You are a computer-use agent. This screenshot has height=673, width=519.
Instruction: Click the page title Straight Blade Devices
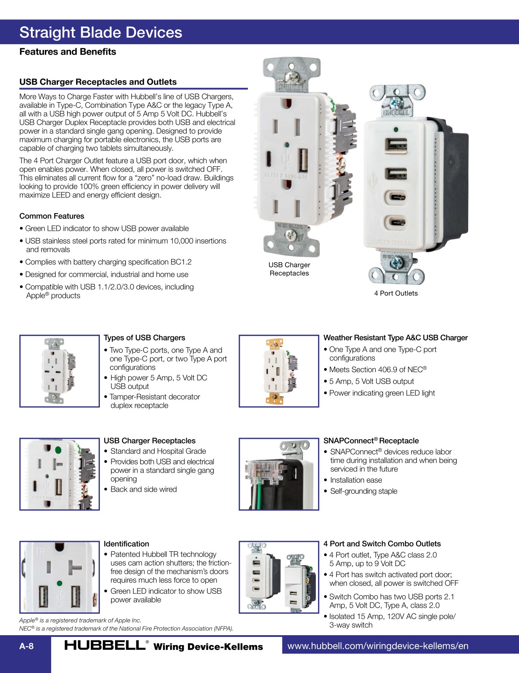[x=101, y=33]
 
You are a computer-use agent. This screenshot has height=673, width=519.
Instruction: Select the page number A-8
[x=26, y=646]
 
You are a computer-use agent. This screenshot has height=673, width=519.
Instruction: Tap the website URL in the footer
[x=377, y=646]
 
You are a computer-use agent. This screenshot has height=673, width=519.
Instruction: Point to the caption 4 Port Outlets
[x=395, y=293]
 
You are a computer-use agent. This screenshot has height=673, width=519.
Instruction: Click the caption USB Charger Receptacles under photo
[x=289, y=269]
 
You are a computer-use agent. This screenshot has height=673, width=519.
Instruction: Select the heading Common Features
[x=52, y=216]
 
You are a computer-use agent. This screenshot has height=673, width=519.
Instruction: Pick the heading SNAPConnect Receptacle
[x=371, y=441]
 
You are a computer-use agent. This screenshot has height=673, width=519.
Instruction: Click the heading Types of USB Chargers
[x=144, y=338]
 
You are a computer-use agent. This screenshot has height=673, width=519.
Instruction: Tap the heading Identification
[x=126, y=544]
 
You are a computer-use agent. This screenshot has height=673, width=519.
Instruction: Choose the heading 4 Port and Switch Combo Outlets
[x=382, y=544]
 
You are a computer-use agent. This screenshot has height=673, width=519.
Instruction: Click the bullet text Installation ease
[x=356, y=480]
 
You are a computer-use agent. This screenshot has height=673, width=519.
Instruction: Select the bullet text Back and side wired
[x=143, y=489]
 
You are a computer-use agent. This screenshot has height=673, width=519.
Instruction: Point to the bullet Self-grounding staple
[x=364, y=491]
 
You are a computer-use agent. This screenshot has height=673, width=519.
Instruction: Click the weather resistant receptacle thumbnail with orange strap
[x=278, y=371]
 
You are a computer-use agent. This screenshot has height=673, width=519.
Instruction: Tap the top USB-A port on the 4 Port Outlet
[x=396, y=145]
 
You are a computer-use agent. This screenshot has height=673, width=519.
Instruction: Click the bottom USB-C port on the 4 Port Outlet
[x=396, y=223]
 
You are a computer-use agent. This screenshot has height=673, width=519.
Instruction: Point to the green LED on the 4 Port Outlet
[x=395, y=129]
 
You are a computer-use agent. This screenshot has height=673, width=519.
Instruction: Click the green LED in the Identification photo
[x=59, y=583]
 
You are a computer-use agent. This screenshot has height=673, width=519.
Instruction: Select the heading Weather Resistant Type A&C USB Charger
[x=395, y=338]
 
